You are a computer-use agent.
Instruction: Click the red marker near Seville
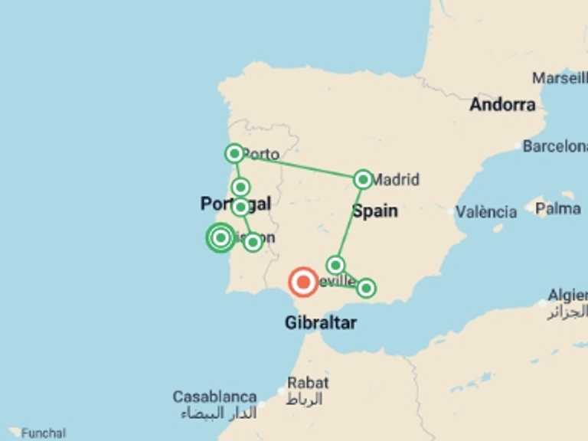pos(303,283)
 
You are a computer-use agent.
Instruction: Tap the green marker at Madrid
pos(363,180)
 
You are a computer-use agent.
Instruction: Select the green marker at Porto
pos(235,154)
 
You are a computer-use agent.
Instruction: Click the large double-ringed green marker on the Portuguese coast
pos(220,237)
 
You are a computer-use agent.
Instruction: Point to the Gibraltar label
pos(320,323)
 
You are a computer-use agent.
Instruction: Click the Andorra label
pos(502,105)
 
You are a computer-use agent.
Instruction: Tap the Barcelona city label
pos(556,146)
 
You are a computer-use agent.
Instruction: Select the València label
pos(486,212)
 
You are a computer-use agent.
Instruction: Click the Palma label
pos(557,207)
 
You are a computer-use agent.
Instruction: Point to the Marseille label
pos(560,78)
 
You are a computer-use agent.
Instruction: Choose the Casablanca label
pos(214,397)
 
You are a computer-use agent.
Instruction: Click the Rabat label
pos(308,382)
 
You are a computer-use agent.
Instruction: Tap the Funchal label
pos(43,433)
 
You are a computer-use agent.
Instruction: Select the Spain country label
pos(374,211)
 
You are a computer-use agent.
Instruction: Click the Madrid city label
pos(395,180)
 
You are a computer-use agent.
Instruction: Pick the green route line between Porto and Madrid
pos(299,167)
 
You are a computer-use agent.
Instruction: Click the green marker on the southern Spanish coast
pos(366,288)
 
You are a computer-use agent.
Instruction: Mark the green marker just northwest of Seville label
pos(335,265)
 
